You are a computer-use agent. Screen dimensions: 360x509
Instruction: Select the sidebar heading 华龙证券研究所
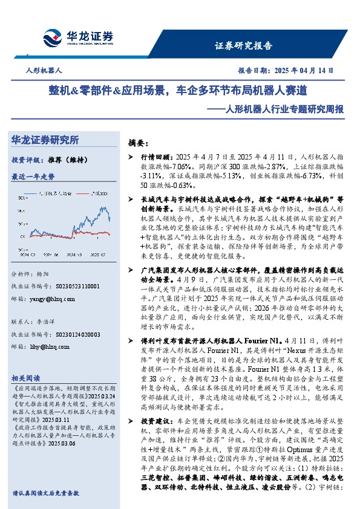pos(45,140)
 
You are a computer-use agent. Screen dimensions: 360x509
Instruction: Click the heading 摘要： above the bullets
pos(138,144)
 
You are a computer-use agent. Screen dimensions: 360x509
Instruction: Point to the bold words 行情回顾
pos(152,157)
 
